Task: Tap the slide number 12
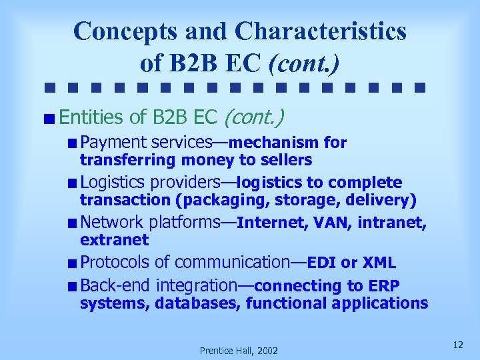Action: [457, 345]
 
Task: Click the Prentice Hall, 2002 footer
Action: [239, 350]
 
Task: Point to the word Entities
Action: [91, 118]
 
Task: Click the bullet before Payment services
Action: [72, 143]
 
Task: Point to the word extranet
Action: [114, 239]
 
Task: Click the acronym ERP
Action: [383, 286]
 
